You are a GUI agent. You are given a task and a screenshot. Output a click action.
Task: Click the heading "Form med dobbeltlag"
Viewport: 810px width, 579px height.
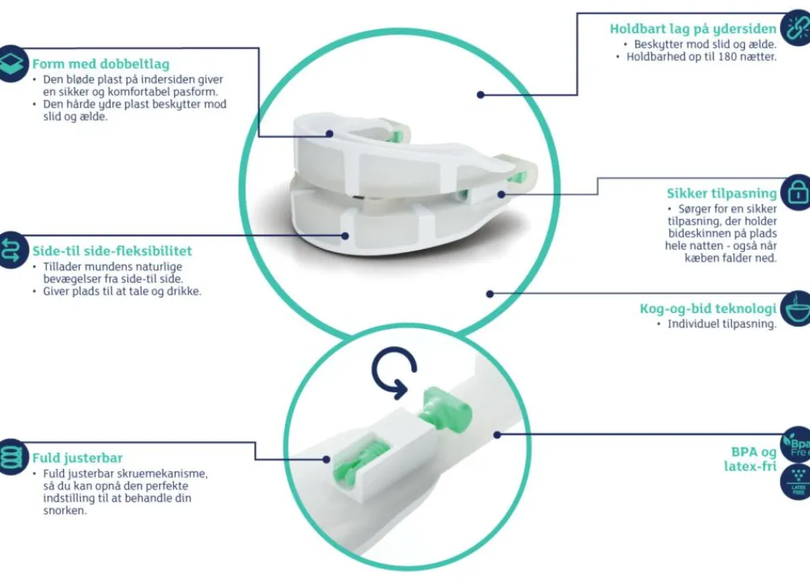100,64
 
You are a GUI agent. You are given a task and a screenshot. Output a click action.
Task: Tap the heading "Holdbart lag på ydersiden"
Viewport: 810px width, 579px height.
693,29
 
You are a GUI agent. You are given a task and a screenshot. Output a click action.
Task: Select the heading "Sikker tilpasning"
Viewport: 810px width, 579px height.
721,194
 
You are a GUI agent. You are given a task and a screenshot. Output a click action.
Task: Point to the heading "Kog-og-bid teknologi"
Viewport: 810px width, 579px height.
708,308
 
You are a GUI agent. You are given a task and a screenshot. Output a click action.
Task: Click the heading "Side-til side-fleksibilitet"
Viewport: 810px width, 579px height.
112,251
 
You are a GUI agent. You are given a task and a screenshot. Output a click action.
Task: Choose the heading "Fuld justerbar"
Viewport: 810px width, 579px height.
78,458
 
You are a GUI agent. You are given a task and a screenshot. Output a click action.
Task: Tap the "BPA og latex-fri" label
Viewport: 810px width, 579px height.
750,460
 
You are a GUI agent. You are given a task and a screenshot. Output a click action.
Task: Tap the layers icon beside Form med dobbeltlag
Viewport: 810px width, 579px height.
13,63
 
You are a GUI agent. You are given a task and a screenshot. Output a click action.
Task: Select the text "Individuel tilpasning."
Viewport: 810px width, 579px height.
721,324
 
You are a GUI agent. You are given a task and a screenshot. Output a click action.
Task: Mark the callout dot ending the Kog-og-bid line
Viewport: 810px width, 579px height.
490,294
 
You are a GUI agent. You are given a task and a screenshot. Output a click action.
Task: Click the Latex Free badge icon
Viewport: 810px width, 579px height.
797,482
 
